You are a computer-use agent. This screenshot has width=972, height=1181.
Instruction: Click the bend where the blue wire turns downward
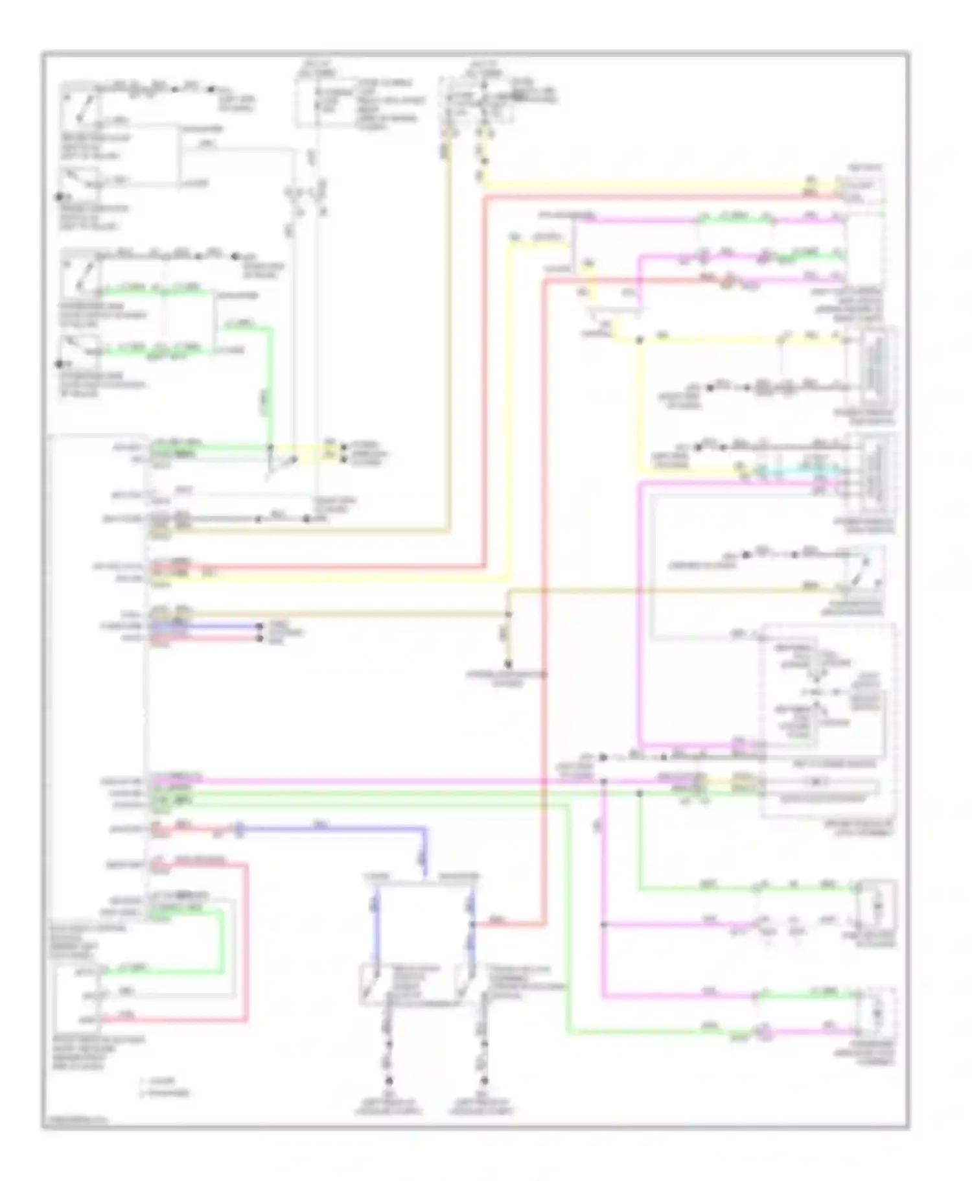(425, 829)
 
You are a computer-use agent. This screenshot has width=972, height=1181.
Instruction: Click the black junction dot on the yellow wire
(639, 340)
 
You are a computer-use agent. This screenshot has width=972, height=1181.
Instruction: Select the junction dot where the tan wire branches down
(508, 614)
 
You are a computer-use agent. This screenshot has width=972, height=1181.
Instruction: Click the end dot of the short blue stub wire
(260, 627)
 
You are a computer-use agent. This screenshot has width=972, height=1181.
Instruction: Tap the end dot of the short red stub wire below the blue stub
(260, 639)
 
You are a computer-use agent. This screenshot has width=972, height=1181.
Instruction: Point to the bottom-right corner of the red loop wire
(246, 1020)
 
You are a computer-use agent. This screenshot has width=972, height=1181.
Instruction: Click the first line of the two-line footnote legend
(158, 1081)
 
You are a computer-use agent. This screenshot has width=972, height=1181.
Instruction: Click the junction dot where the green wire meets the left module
(270, 447)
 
